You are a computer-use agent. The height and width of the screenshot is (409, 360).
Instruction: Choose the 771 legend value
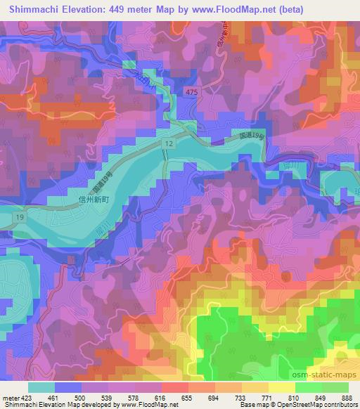coord(266,398)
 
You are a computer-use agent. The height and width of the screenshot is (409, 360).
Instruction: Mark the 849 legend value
coord(320,398)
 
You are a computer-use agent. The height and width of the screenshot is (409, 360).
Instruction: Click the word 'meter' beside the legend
coord(8,398)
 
